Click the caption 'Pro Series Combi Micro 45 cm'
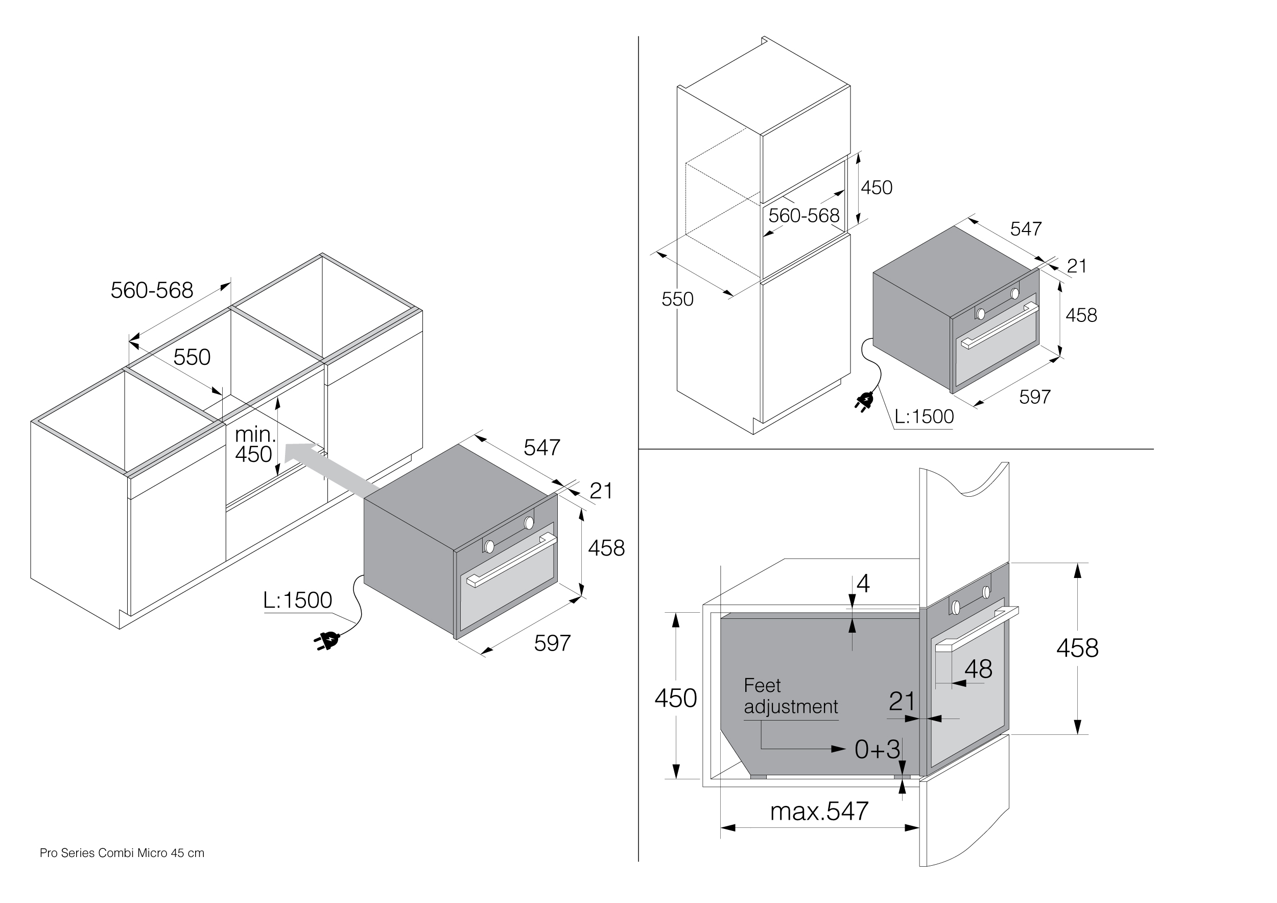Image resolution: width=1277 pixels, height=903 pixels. click(x=122, y=853)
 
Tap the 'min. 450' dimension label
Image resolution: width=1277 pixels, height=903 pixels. click(x=255, y=445)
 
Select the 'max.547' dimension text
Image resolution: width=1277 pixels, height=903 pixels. click(x=819, y=812)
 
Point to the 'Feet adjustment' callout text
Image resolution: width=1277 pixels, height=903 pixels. click(x=790, y=696)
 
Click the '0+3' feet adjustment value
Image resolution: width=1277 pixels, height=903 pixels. click(x=877, y=750)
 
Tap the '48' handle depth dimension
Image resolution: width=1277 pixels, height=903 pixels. click(x=978, y=669)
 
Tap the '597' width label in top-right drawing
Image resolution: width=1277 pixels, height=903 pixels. click(x=1034, y=397)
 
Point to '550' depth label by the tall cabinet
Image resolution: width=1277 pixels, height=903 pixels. click(x=677, y=300)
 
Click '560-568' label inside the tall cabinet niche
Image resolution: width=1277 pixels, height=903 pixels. click(x=803, y=216)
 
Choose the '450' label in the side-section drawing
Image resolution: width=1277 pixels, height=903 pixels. click(x=675, y=698)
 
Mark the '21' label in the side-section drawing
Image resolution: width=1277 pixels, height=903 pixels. click(x=902, y=702)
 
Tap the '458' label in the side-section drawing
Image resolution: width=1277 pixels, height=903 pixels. click(x=1077, y=649)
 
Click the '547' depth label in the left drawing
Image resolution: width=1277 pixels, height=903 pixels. click(x=542, y=448)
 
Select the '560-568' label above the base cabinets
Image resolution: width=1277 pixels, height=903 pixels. click(x=152, y=290)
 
